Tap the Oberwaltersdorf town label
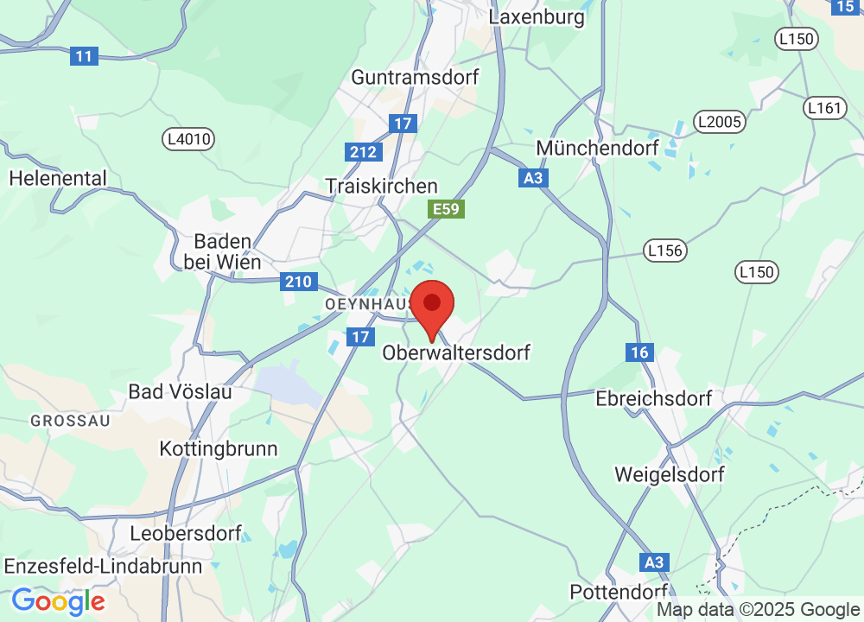click(x=456, y=352)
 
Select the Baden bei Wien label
click(x=223, y=251)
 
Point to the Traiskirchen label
click(x=381, y=187)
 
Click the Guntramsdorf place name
click(x=415, y=77)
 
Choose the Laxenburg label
click(x=537, y=16)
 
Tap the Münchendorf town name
click(x=598, y=148)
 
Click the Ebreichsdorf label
click(x=654, y=399)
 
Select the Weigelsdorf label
click(x=670, y=474)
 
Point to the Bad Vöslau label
click(x=181, y=391)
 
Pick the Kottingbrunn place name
click(x=219, y=449)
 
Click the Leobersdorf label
click(x=186, y=533)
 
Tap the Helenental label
click(x=58, y=179)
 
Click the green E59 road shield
click(x=447, y=209)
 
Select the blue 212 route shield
click(x=364, y=153)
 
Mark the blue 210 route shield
click(x=295, y=282)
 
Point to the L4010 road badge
click(x=188, y=138)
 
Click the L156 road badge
click(x=664, y=251)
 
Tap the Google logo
click(x=58, y=600)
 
